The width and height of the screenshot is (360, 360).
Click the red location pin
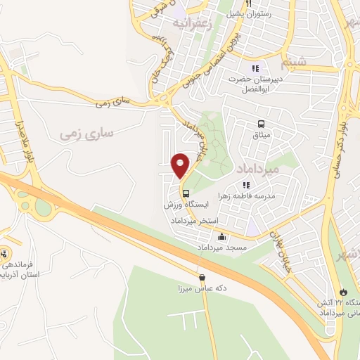pyautogui.click(x=181, y=165)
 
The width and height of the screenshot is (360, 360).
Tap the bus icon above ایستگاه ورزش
pyautogui.click(x=186, y=193)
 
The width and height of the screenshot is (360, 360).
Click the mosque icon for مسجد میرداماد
pyautogui.click(x=222, y=237)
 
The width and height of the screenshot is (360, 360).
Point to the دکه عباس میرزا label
pyautogui.click(x=201, y=288)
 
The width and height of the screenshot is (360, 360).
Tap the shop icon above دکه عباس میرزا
pyautogui.click(x=202, y=277)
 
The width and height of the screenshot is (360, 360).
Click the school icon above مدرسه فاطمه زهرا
pyautogui.click(x=246, y=184)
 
